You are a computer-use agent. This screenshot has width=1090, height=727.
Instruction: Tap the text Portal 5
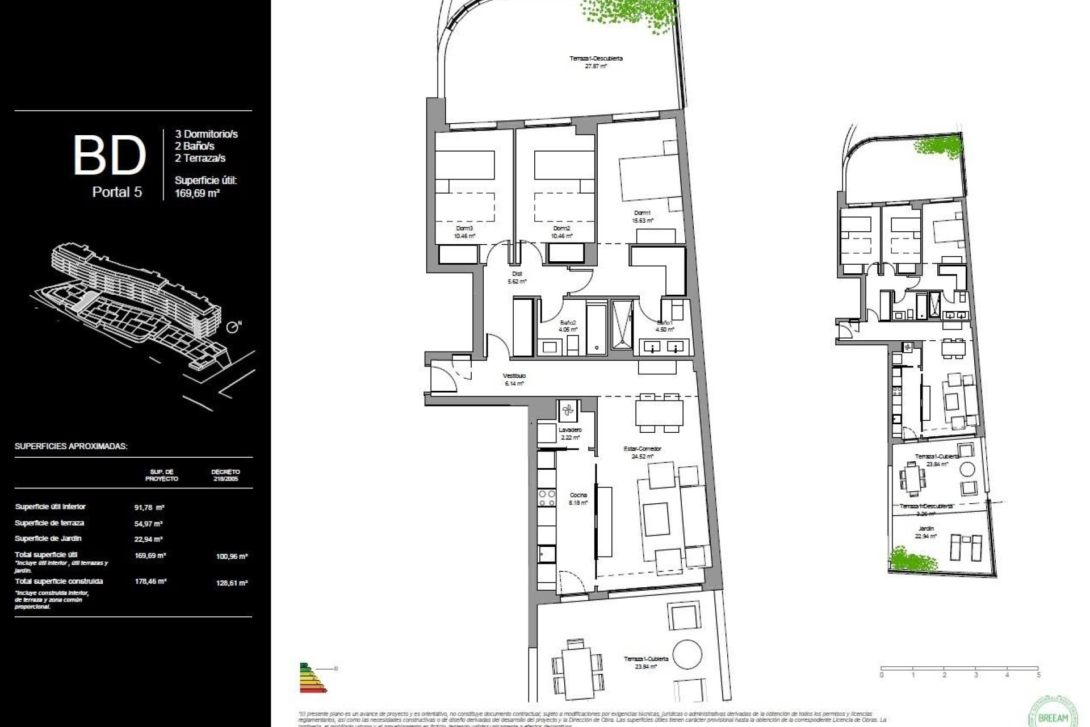pyautogui.click(x=117, y=192)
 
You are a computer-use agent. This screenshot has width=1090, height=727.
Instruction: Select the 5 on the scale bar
pyautogui.click(x=1038, y=675)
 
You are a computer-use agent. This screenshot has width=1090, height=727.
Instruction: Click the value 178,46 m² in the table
pyautogui.click(x=150, y=582)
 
